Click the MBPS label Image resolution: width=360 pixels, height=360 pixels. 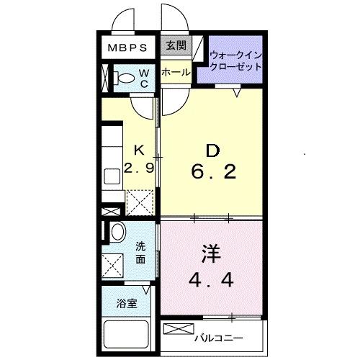click(128, 48)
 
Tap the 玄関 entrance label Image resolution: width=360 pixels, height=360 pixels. click(175, 46)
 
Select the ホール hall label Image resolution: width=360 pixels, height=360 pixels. click(175, 72)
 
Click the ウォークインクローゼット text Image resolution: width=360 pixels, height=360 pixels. click(235, 60)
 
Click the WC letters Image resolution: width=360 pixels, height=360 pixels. click(143, 78)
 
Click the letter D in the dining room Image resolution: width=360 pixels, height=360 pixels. click(212, 150)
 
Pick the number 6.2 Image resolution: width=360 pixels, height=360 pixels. click(212, 173)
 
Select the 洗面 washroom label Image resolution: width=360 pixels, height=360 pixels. click(141, 253)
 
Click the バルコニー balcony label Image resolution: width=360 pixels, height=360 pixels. click(219, 336)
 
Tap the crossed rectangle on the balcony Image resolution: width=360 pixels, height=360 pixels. click(175, 329)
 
